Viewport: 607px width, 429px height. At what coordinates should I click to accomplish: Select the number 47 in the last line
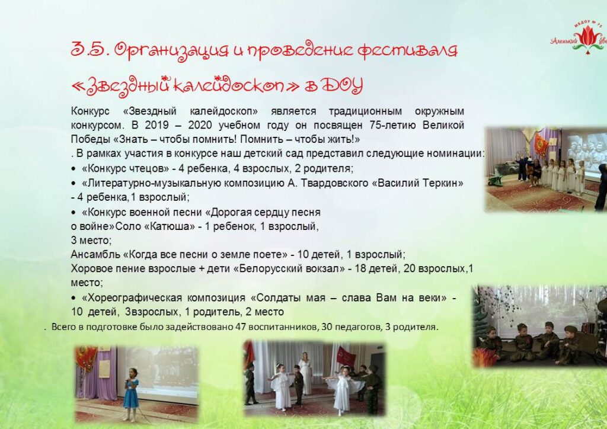(x=240, y=327)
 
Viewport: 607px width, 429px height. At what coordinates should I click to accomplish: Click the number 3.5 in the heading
(x=88, y=50)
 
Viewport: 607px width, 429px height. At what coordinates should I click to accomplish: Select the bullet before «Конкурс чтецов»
(x=74, y=169)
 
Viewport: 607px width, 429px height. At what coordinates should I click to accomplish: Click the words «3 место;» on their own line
(x=91, y=241)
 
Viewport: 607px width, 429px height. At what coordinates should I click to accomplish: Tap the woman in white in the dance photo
(x=306, y=373)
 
